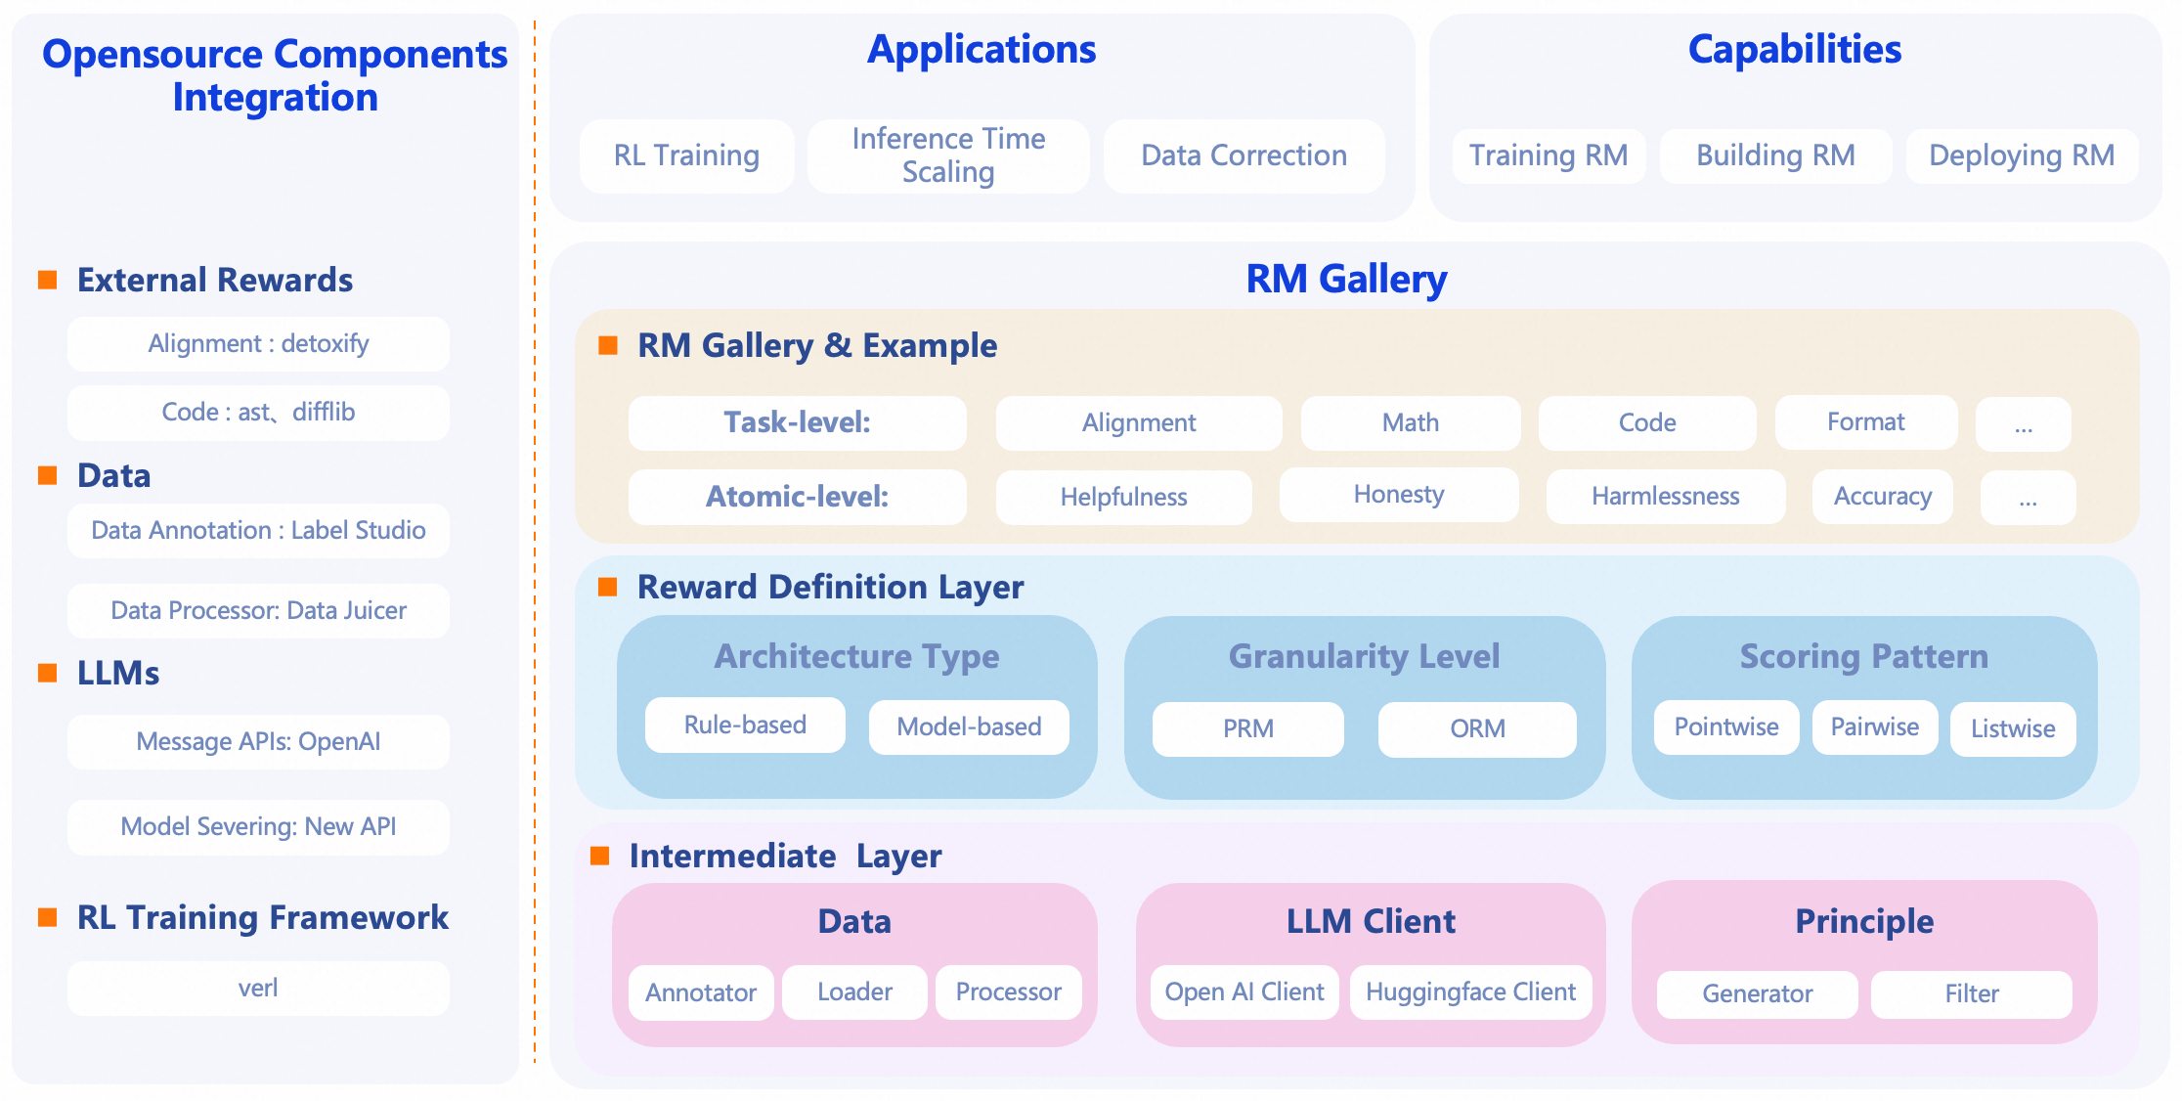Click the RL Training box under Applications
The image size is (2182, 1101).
[x=686, y=155]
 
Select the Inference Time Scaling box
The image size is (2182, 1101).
[x=947, y=155]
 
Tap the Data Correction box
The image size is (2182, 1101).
[x=1244, y=155]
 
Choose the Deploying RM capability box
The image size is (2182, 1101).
[x=2021, y=155]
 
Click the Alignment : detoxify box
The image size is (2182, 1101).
[x=258, y=344]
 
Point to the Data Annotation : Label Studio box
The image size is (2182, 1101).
[x=258, y=531]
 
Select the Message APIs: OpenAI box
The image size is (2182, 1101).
[x=258, y=742]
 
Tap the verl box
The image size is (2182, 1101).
[x=258, y=989]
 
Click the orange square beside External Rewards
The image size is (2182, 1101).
[x=47, y=281]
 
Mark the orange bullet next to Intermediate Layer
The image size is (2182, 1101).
[x=600, y=857]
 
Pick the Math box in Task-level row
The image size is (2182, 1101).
[x=1410, y=423]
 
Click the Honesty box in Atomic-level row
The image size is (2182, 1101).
[x=1398, y=495]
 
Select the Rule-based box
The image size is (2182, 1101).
[x=745, y=726]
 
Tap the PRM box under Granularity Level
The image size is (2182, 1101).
[x=1247, y=729]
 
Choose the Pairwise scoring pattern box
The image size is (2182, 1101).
[x=1874, y=727]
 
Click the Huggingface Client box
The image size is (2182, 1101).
[x=1470, y=992]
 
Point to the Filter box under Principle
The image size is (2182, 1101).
[x=1971, y=994]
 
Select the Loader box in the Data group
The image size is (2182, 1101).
[x=854, y=992]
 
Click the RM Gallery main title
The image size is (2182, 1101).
[x=1346, y=280]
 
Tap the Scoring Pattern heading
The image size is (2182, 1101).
[x=1863, y=656]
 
